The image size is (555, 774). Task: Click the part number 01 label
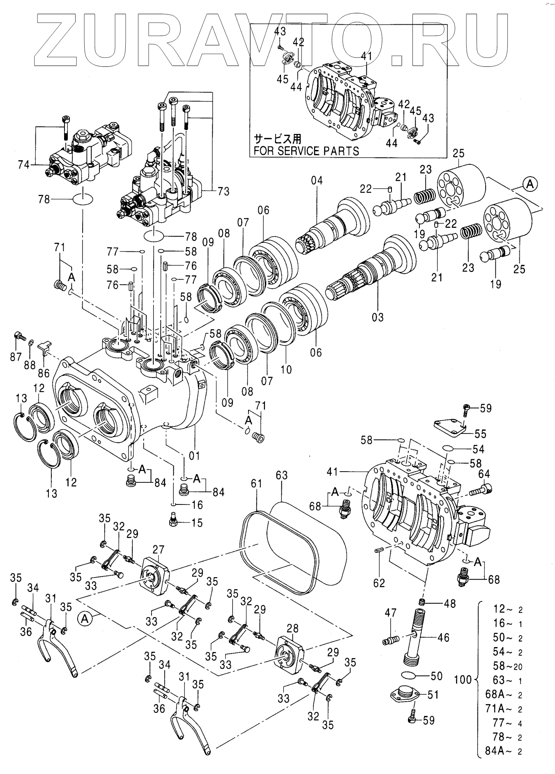194,456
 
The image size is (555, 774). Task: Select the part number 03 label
378,317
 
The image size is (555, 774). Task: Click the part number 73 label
223,191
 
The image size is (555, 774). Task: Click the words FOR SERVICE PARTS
306,151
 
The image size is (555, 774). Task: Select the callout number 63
281,475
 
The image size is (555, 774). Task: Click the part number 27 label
159,550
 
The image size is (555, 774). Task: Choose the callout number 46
443,638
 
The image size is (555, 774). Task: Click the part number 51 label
433,694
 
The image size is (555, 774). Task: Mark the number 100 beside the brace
463,680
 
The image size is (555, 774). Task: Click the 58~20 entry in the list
508,666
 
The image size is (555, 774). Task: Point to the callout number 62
379,583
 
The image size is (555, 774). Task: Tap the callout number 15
197,523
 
